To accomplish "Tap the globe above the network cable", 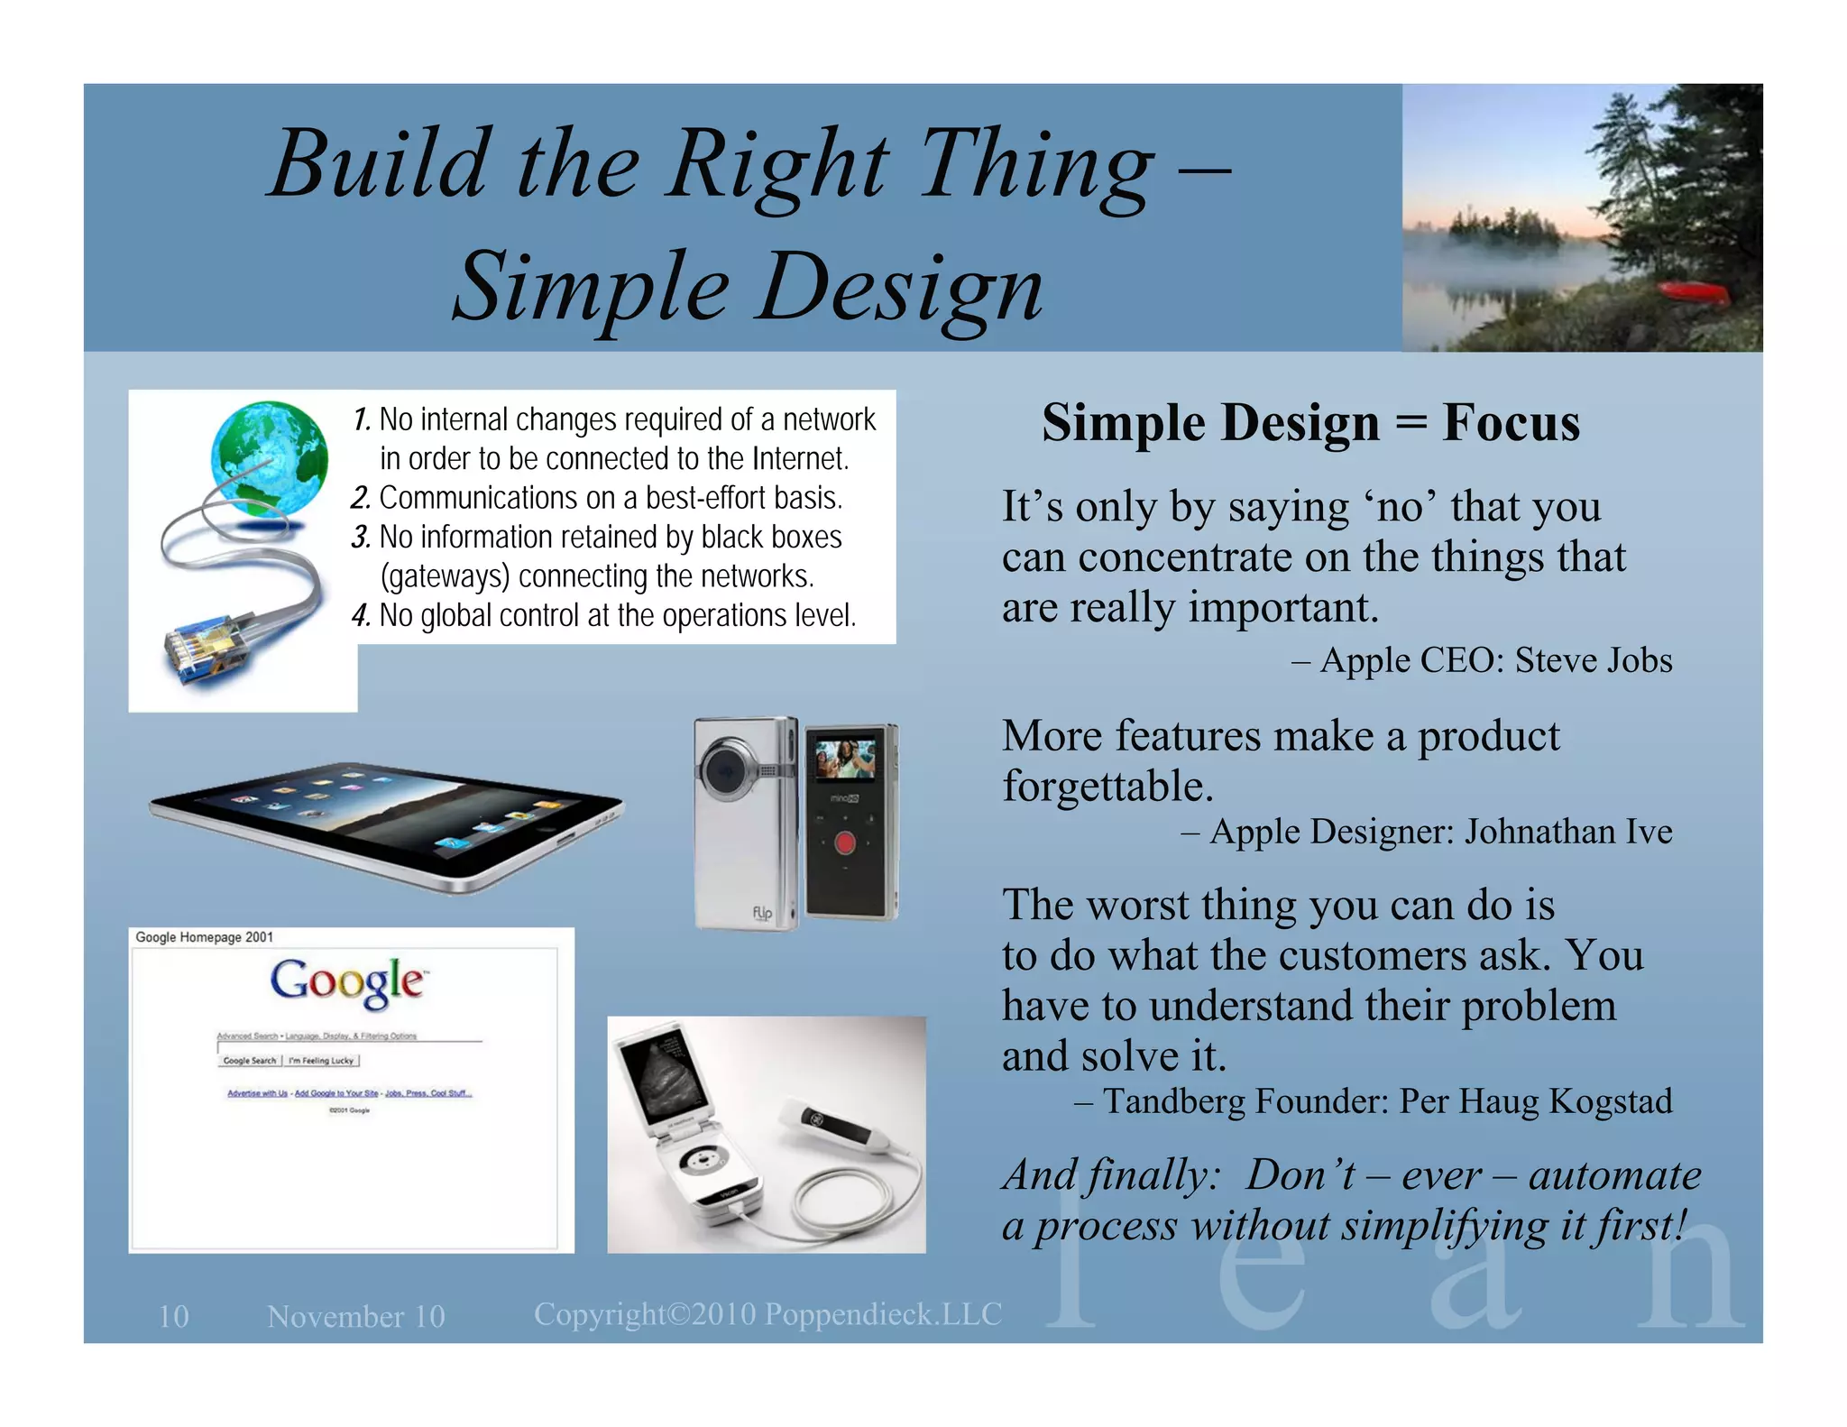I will point(269,458).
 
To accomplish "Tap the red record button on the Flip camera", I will point(844,843).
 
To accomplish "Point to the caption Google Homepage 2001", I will point(204,937).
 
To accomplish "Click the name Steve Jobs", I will point(1593,660).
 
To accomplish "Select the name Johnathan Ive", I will point(1567,832).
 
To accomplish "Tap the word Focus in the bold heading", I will point(1511,423).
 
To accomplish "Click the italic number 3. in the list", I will point(361,539).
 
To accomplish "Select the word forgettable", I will point(1107,787).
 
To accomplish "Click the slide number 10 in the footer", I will point(174,1316).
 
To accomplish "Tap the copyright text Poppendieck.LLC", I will point(883,1314).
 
